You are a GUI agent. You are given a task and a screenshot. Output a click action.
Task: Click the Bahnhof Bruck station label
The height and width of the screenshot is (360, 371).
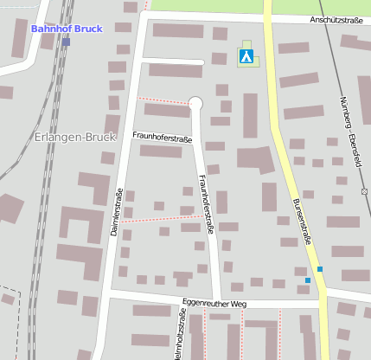click(x=67, y=29)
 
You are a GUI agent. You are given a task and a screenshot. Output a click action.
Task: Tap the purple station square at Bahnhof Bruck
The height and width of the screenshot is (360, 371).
click(x=66, y=41)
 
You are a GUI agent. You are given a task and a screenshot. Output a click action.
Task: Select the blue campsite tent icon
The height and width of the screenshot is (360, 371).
click(x=246, y=57)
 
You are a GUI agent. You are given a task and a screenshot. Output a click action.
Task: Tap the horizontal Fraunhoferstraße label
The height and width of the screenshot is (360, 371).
click(x=162, y=138)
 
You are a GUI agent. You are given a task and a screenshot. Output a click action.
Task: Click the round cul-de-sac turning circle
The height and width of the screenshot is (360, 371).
click(x=195, y=104)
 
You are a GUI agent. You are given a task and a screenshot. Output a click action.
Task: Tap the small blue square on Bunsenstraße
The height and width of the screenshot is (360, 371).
click(x=320, y=269)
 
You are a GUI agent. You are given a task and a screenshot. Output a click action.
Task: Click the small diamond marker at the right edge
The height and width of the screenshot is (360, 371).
click(x=365, y=191)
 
